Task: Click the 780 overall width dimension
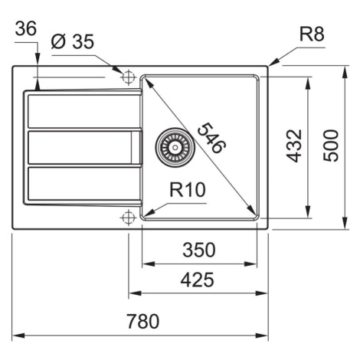[x=143, y=321]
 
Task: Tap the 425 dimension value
[x=197, y=280]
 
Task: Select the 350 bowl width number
[x=199, y=250]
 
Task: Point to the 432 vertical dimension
[x=294, y=146]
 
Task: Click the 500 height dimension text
[x=331, y=146]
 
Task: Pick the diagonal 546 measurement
[x=211, y=138]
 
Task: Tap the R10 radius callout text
[x=188, y=190]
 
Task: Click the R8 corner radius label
[x=312, y=34]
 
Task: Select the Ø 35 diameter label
[x=73, y=41]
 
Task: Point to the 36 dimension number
[x=26, y=28]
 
